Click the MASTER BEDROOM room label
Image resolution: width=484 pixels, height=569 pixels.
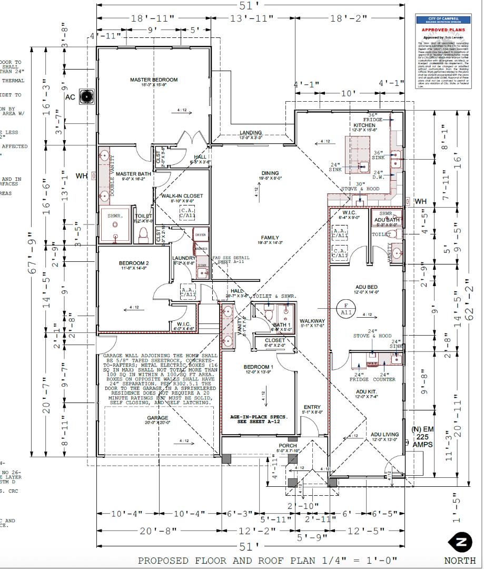[154, 80]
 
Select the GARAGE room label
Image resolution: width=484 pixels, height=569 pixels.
[157, 417]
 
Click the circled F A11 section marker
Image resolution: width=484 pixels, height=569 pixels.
[347, 308]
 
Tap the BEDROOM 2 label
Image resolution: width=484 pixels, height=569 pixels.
[134, 263]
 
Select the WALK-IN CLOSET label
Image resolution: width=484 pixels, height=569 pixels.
[182, 195]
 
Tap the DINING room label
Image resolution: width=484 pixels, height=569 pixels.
[270, 173]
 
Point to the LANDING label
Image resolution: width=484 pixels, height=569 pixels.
[250, 133]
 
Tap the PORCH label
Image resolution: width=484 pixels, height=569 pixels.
[288, 446]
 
